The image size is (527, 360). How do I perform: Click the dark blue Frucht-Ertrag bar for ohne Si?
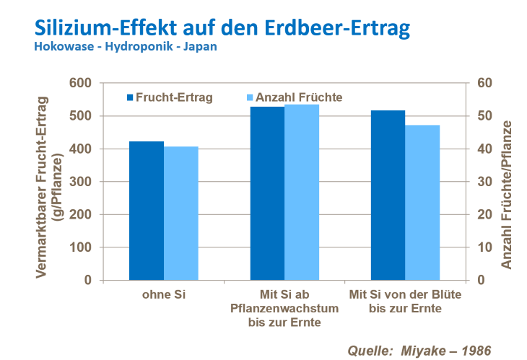pos(147,211)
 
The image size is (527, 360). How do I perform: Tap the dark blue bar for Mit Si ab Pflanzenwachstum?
pos(267,193)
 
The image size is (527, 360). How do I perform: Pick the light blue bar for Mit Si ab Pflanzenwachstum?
pos(302,192)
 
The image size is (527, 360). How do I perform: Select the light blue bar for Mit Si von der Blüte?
pos(422,203)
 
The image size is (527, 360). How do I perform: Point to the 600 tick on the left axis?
pos(82,83)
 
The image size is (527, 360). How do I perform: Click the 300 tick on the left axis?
pos(82,182)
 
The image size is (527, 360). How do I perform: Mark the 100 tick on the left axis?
pos(82,247)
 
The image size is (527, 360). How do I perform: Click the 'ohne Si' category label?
pos(164,296)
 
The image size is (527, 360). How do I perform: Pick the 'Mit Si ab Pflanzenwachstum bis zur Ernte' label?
pos(284,308)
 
